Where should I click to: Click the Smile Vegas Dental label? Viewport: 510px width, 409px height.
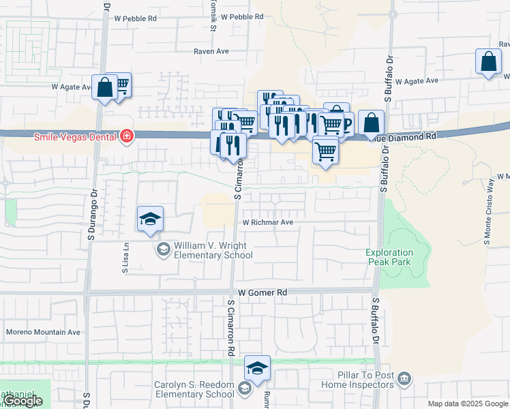click(x=75, y=136)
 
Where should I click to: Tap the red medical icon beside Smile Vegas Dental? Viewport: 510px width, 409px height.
click(x=126, y=136)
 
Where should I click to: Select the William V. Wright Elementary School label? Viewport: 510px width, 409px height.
click(x=213, y=250)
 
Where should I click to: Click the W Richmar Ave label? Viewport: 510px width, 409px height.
click(x=268, y=222)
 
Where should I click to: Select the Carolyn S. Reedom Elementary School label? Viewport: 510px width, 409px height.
click(x=194, y=389)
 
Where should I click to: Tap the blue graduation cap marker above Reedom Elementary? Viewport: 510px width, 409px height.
click(x=257, y=369)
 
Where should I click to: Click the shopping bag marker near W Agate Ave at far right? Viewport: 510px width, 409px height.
click(x=489, y=62)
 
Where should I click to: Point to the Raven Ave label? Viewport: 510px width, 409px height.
click(x=211, y=51)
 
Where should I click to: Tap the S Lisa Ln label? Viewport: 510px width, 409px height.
click(x=126, y=260)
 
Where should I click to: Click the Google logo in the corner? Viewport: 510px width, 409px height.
click(x=22, y=402)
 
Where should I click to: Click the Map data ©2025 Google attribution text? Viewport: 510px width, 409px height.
click(x=468, y=404)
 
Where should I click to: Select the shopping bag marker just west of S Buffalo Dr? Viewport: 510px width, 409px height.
click(x=371, y=124)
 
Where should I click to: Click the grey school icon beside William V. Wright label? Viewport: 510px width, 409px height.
click(x=164, y=249)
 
